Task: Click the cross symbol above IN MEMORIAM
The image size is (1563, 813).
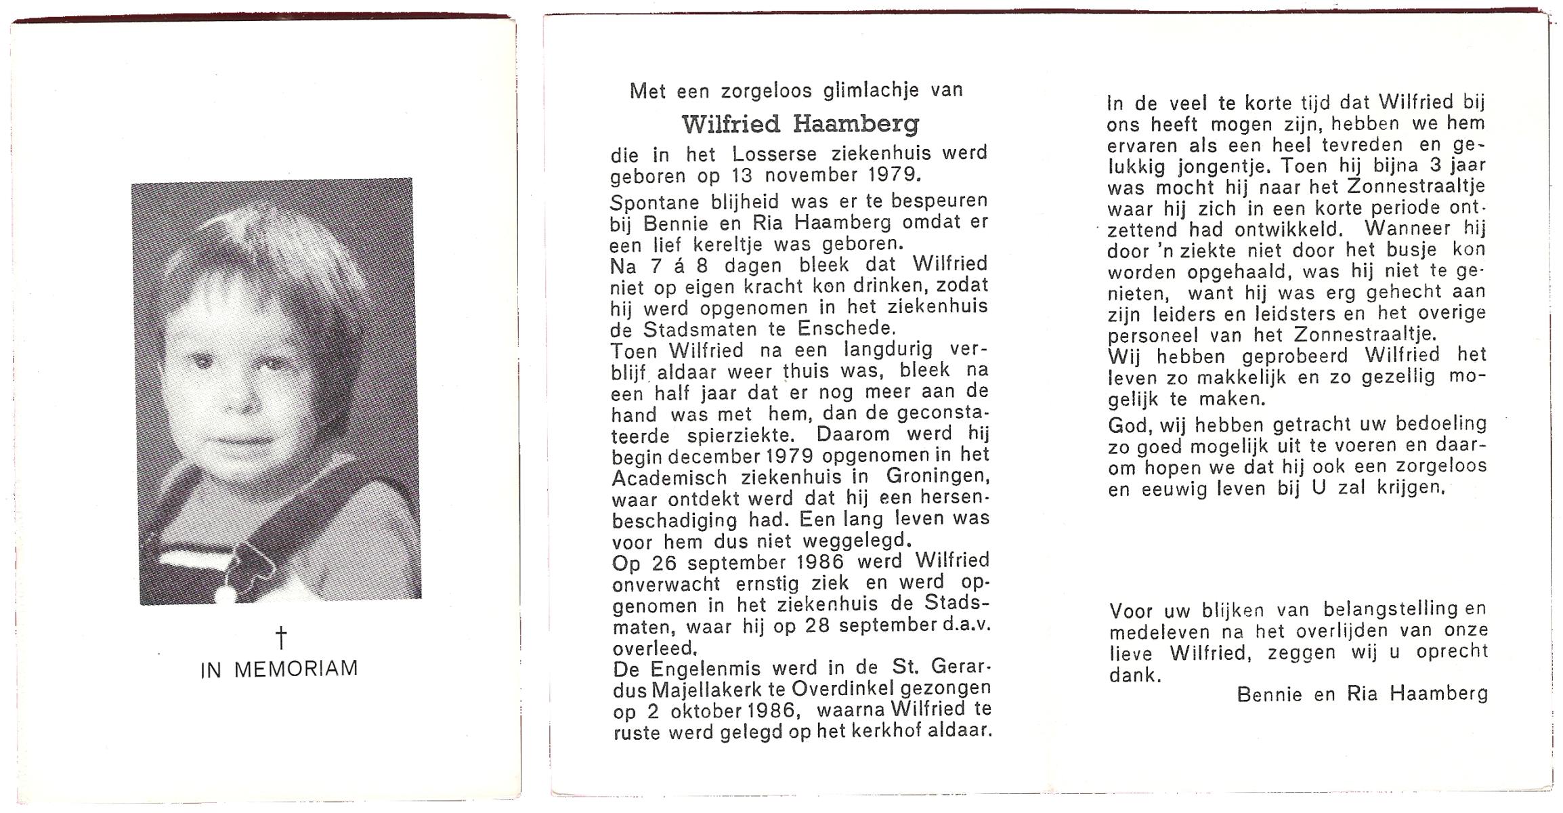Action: (x=280, y=638)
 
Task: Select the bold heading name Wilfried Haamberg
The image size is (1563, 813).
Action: (x=800, y=124)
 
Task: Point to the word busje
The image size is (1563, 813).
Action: (x=1411, y=251)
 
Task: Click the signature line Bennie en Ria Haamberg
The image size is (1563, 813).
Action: (x=1363, y=694)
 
